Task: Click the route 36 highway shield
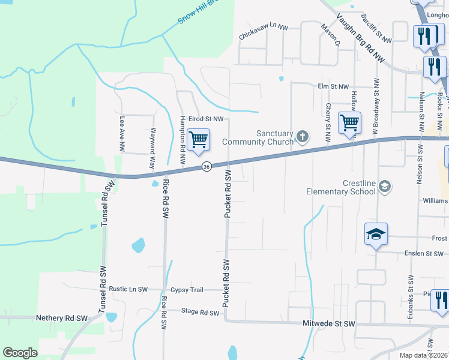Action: (206, 166)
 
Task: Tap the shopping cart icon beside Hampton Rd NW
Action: (198, 140)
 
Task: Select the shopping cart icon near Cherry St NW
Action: (349, 124)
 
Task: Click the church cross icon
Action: (303, 137)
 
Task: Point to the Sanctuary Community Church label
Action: (258, 137)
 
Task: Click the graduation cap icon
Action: (376, 234)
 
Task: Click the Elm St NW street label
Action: (333, 86)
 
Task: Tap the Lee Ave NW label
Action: (122, 133)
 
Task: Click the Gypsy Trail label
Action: (187, 290)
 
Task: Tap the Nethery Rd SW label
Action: (62, 318)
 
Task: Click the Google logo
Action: (21, 353)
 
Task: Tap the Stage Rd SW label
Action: (200, 312)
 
